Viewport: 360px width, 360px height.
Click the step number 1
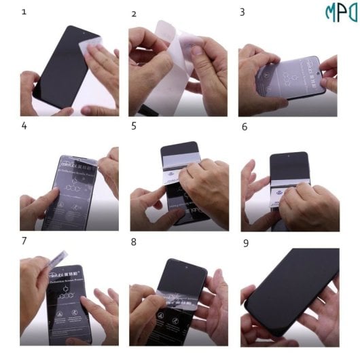tap(24, 12)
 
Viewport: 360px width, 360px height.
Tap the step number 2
tap(134, 14)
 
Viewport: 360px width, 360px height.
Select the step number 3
tap(242, 12)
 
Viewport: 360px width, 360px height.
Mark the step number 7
tap(24, 241)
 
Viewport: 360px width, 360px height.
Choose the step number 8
tap(134, 241)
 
